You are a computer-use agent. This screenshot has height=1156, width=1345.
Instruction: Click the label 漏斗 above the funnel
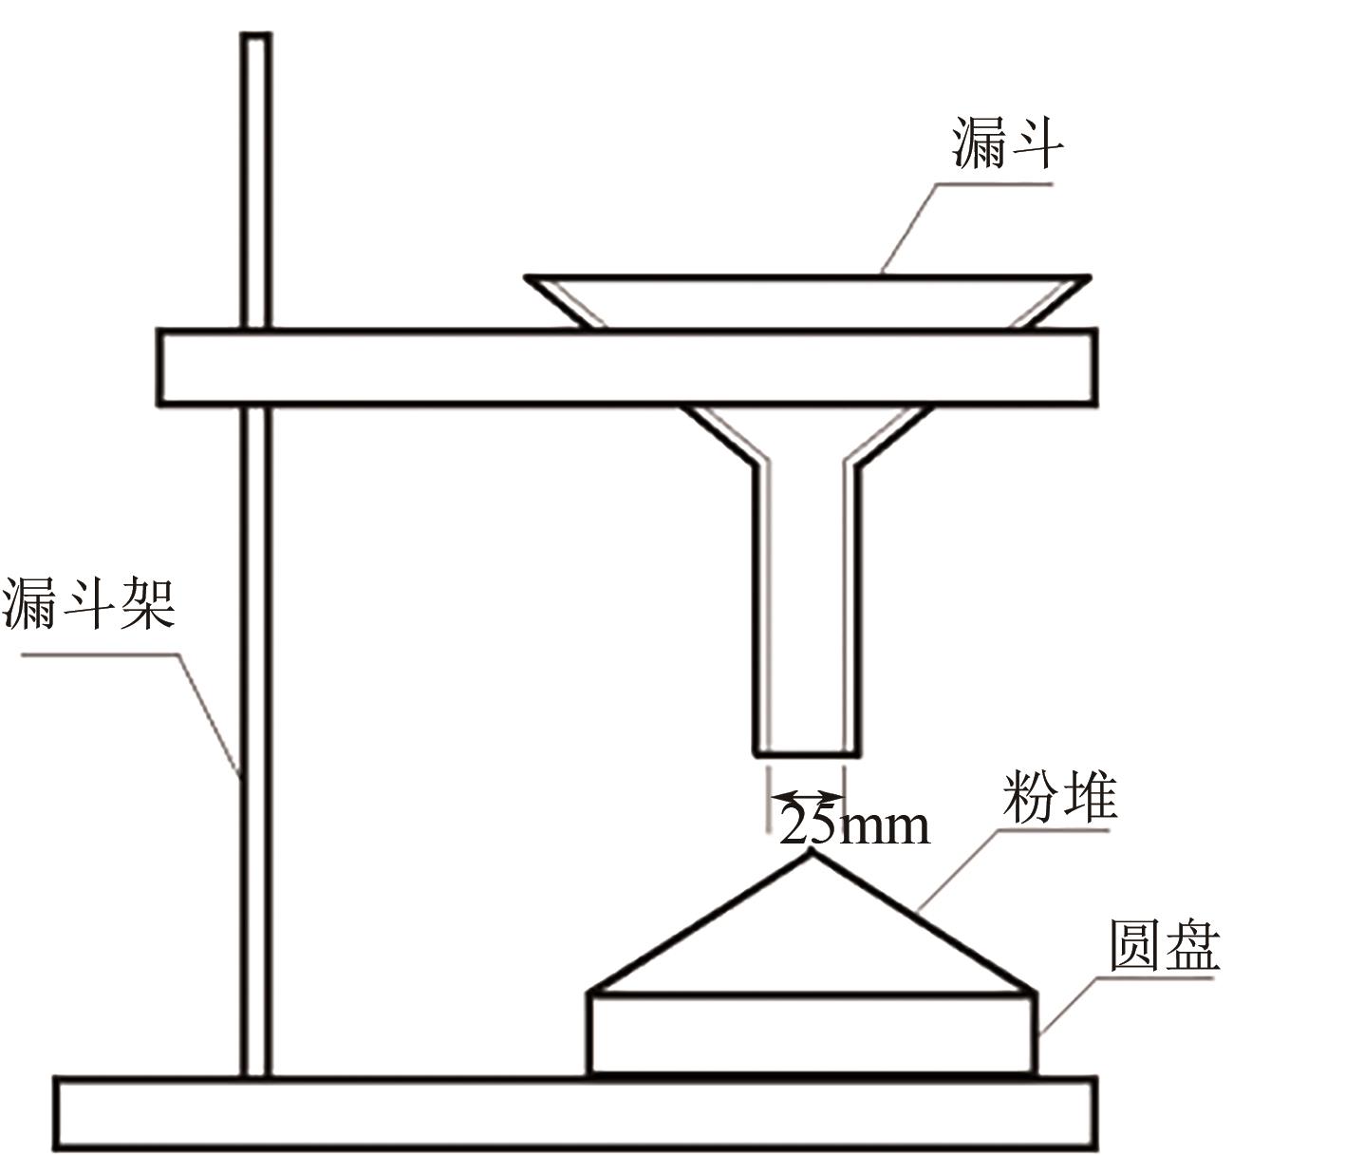click(1008, 144)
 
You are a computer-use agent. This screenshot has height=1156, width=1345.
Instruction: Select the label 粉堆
click(1059, 798)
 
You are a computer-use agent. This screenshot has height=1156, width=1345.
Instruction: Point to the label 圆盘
click(1164, 945)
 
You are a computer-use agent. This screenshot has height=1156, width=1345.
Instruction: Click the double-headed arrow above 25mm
click(806, 796)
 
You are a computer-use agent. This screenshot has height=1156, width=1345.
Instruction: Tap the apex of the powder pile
click(810, 851)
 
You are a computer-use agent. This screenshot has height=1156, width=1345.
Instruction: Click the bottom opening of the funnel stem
click(807, 754)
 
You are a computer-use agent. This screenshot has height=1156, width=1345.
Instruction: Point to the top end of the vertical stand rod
click(255, 38)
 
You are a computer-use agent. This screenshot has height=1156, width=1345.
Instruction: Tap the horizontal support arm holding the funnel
click(626, 368)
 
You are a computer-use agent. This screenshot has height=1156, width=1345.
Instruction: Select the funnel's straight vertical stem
click(807, 608)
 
